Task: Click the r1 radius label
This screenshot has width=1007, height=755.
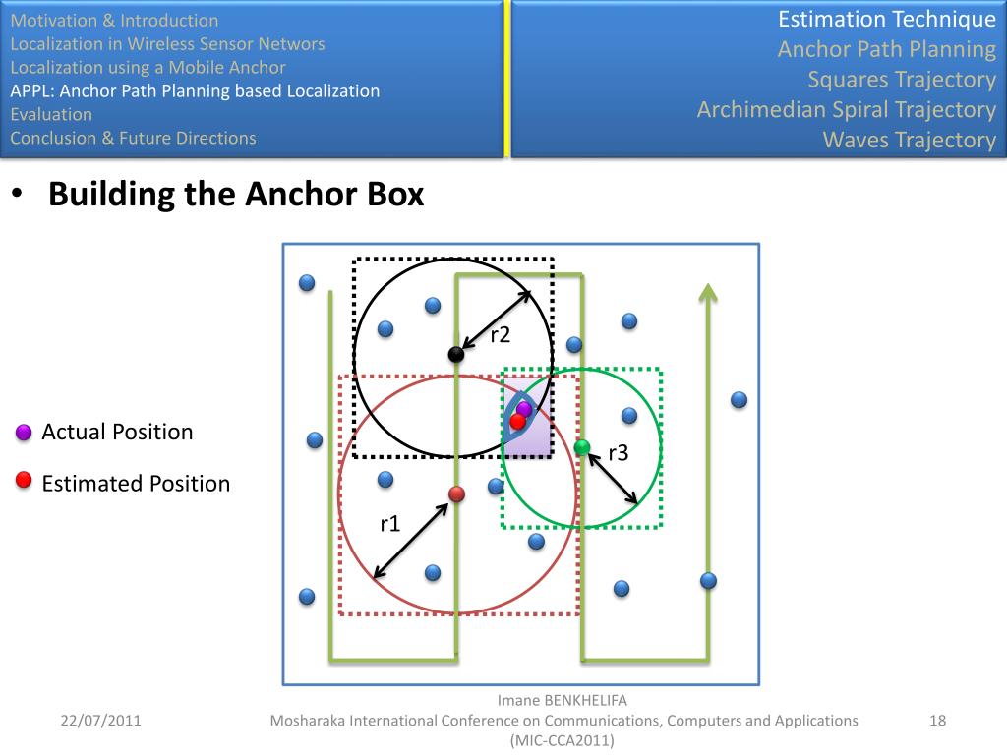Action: [x=390, y=524]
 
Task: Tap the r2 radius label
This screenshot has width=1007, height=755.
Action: [x=501, y=335]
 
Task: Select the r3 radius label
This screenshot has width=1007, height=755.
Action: [x=619, y=453]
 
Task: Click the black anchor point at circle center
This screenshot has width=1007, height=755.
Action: [x=455, y=354]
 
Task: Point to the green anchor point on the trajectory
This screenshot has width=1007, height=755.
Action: [x=582, y=447]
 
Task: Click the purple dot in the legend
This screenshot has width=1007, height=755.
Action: [x=25, y=433]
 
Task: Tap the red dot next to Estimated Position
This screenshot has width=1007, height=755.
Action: [x=25, y=480]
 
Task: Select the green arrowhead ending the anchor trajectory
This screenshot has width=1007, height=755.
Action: [x=707, y=291]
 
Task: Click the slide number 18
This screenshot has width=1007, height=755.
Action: [x=937, y=721]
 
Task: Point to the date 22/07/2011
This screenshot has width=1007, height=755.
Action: [x=100, y=721]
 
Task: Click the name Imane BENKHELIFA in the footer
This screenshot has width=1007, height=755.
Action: [x=562, y=701]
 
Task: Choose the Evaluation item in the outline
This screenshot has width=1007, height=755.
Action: [x=51, y=114]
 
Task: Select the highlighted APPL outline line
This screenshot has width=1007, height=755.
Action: [x=195, y=91]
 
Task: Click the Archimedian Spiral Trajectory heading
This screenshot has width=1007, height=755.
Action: [x=846, y=109]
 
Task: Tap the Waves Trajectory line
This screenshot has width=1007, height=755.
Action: [x=909, y=140]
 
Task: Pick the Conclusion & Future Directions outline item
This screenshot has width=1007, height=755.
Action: [x=133, y=138]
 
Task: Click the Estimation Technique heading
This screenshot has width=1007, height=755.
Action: [x=886, y=19]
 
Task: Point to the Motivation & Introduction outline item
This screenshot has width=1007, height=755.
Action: [x=114, y=20]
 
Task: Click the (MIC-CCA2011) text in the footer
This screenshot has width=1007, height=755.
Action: [x=562, y=740]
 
